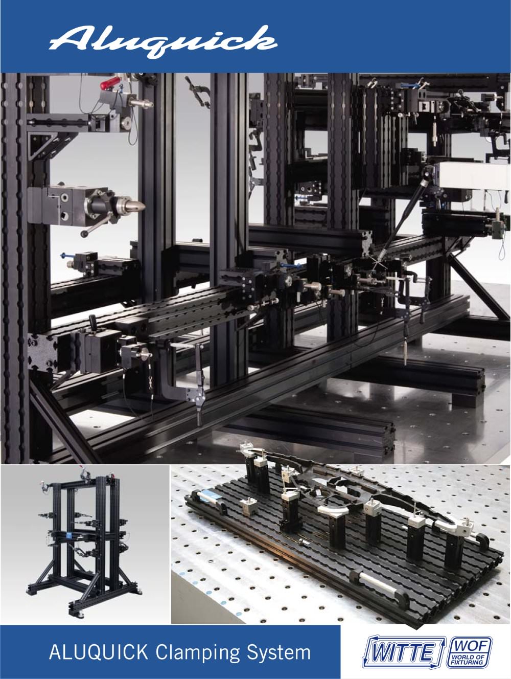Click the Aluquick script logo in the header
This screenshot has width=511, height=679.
(x=163, y=42)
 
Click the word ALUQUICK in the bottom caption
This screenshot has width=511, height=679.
(x=98, y=644)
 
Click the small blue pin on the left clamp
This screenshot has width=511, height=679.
(x=64, y=255)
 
